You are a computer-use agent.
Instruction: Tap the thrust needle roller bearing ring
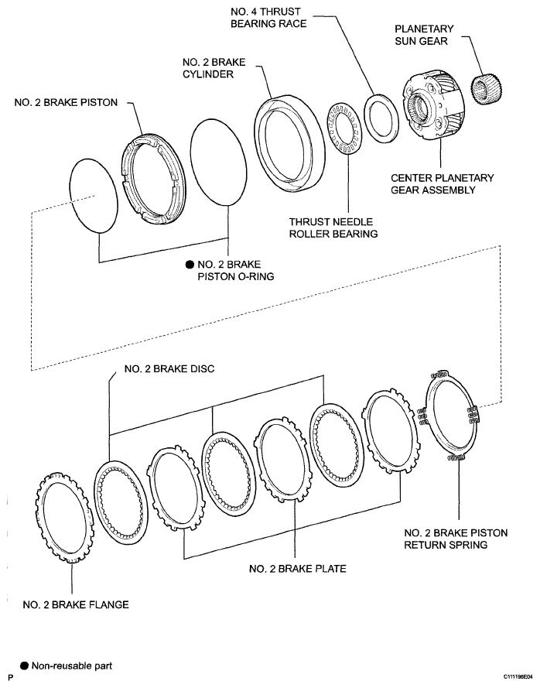pos(344,128)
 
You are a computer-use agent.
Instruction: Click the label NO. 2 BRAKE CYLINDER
pos(214,68)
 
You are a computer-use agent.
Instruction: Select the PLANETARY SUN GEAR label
pos(424,35)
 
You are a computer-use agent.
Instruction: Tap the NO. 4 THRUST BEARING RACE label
pos(268,17)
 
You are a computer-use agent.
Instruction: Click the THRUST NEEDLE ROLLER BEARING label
pos(333,228)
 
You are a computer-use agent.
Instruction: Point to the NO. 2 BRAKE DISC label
pos(169,368)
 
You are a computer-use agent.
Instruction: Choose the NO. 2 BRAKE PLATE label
pos(297,569)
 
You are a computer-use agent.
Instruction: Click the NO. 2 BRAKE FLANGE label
pos(76,604)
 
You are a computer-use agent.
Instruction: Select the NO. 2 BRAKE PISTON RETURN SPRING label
pos(456,539)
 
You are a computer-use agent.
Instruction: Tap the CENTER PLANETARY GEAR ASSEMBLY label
pos(443,184)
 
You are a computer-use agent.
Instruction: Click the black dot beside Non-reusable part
pos(25,666)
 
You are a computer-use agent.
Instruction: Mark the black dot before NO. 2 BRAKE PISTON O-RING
pos(190,265)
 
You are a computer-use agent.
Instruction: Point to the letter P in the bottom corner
pos(11,678)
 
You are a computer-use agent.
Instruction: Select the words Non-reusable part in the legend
pos(71,666)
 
